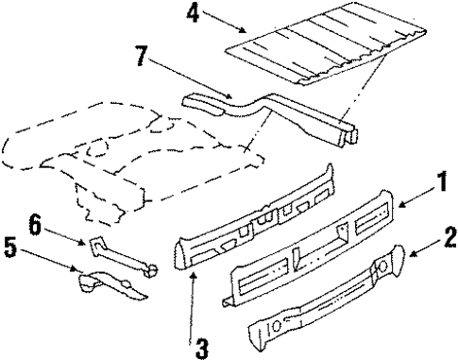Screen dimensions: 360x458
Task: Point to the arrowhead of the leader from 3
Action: (192, 270)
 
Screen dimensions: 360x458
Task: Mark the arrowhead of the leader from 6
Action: (94, 246)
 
